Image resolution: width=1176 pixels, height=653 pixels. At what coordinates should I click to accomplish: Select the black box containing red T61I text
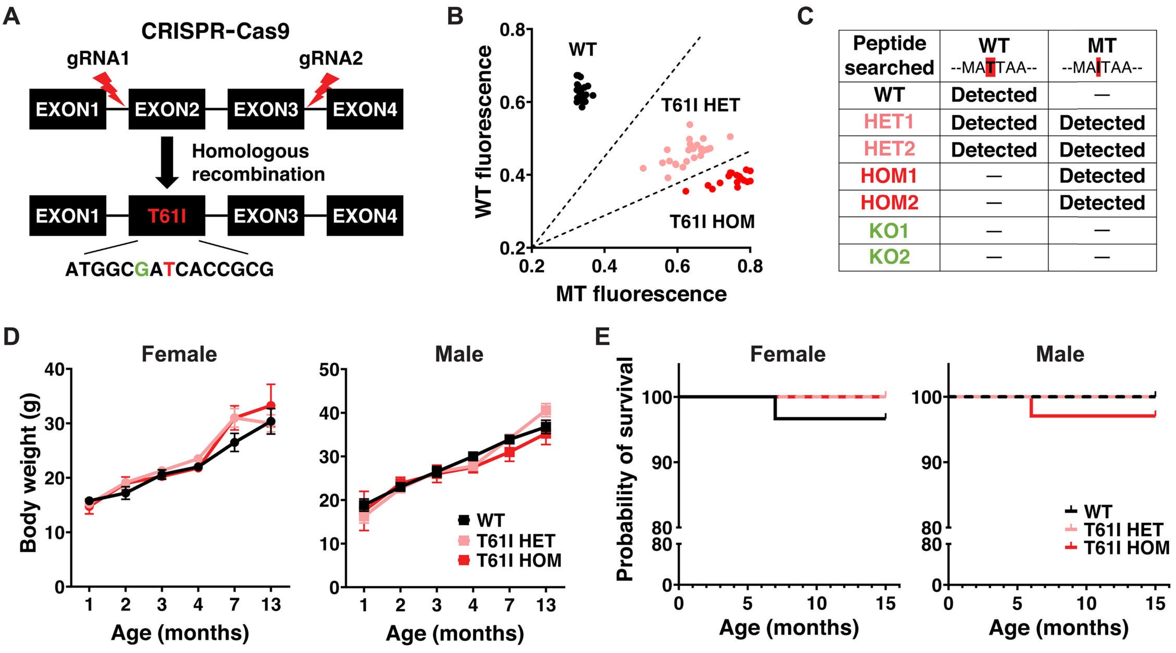(x=167, y=216)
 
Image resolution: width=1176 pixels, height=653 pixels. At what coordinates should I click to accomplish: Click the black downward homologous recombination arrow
(x=167, y=162)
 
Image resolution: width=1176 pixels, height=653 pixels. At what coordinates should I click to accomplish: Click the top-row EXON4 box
(x=365, y=109)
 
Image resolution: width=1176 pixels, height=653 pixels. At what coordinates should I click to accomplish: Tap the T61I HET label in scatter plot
(x=701, y=105)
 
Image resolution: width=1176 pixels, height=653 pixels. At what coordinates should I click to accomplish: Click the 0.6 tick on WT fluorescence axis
(x=514, y=102)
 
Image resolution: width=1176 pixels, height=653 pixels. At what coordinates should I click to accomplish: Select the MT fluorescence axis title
(x=641, y=294)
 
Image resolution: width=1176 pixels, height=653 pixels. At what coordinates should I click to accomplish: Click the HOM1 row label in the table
(x=889, y=176)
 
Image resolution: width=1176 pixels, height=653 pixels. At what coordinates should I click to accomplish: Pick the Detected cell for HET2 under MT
(x=1102, y=150)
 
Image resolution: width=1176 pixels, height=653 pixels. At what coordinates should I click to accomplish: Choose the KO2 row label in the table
(x=889, y=257)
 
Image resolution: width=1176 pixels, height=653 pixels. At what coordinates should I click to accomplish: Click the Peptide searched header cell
(x=889, y=55)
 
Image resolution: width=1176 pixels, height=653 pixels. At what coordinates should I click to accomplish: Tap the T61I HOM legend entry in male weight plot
(x=518, y=560)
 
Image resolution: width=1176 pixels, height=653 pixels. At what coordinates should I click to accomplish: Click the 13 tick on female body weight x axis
(x=271, y=605)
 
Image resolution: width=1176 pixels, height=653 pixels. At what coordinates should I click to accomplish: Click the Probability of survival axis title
(x=624, y=469)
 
